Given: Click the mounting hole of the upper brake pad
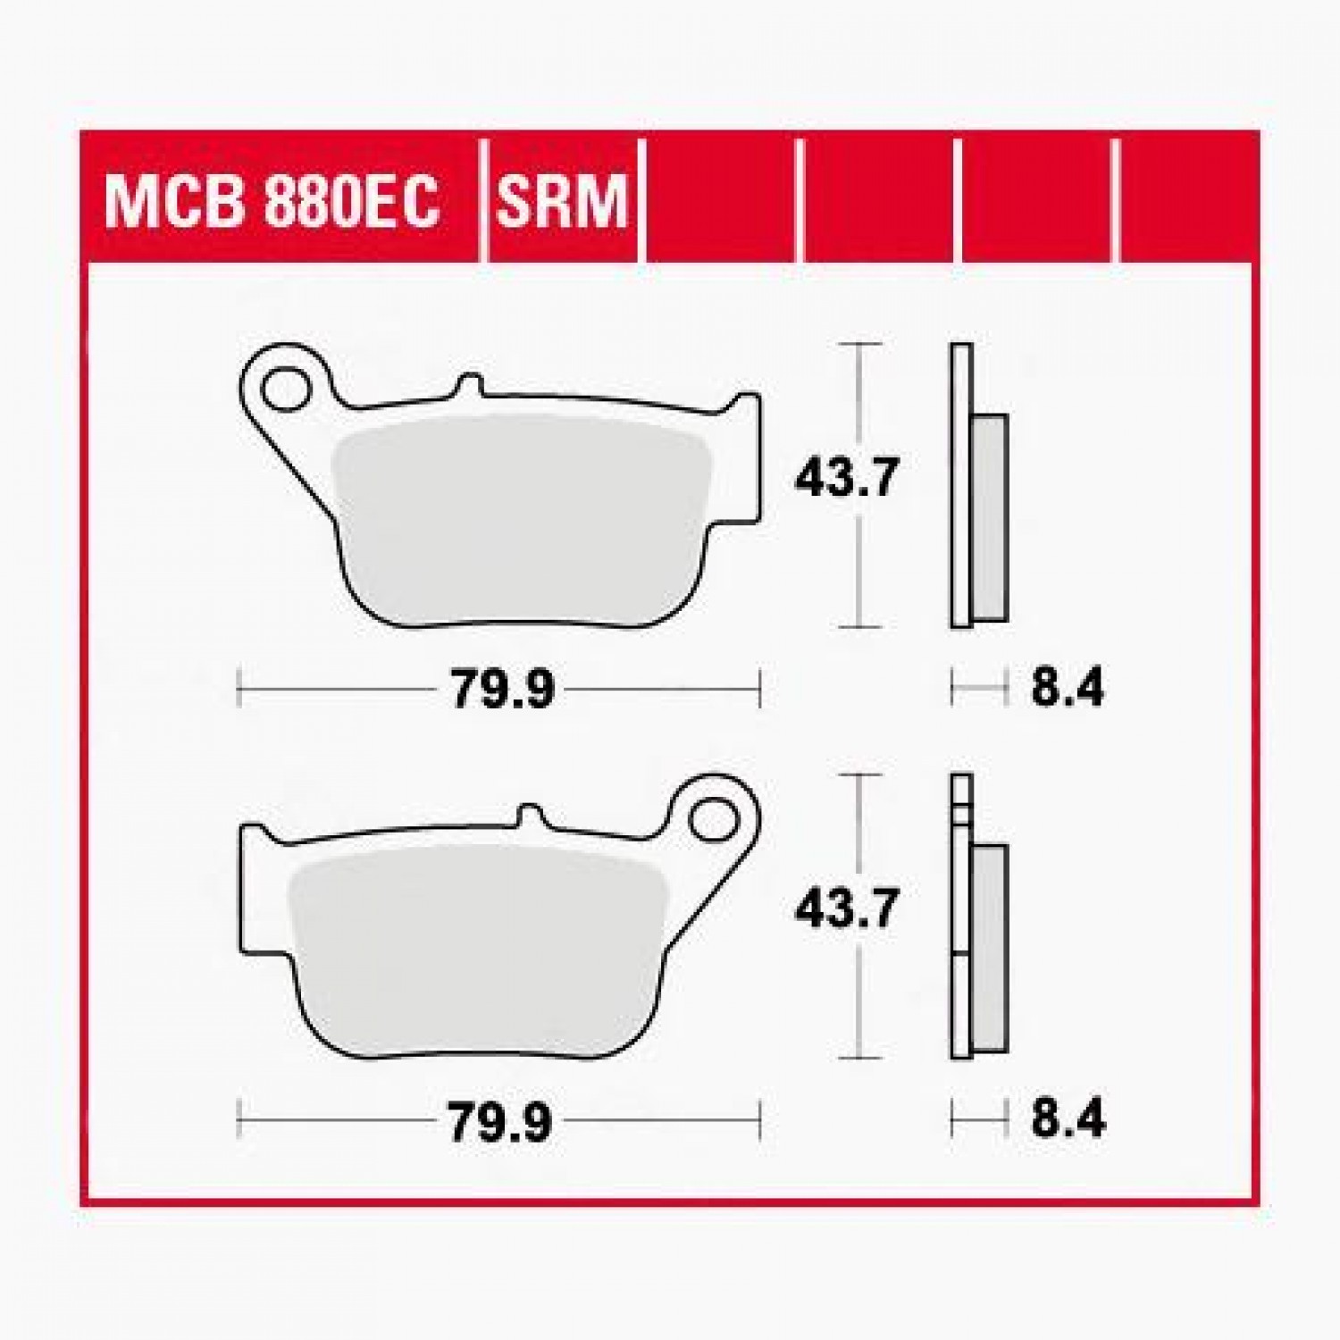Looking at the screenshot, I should (284, 386).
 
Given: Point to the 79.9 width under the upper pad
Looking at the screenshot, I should (502, 689).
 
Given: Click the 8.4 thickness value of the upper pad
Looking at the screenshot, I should (1068, 689).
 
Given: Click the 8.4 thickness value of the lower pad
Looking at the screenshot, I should (1068, 1120).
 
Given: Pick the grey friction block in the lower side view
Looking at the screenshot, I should (990, 949).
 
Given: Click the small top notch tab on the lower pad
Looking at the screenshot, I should (532, 815).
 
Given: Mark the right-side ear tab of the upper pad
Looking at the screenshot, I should (746, 406).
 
